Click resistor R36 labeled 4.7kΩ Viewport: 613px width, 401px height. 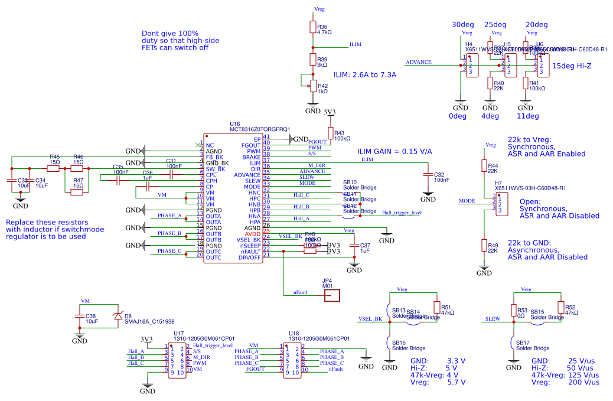(x=313, y=27)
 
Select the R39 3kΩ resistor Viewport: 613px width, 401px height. (x=313, y=60)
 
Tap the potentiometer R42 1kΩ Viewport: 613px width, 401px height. (x=313, y=86)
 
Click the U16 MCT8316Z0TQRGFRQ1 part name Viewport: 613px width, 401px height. (x=260, y=129)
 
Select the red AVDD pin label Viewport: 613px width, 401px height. (x=252, y=233)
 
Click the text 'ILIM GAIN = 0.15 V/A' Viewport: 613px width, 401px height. (x=394, y=152)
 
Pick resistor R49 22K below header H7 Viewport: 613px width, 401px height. (x=484, y=246)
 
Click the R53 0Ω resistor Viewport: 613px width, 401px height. (x=513, y=310)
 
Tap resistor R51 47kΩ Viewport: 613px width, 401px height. (x=436, y=308)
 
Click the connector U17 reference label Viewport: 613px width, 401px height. (x=178, y=333)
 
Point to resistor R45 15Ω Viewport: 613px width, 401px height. (x=54, y=168)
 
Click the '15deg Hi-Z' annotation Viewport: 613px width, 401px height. (x=572, y=66)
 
